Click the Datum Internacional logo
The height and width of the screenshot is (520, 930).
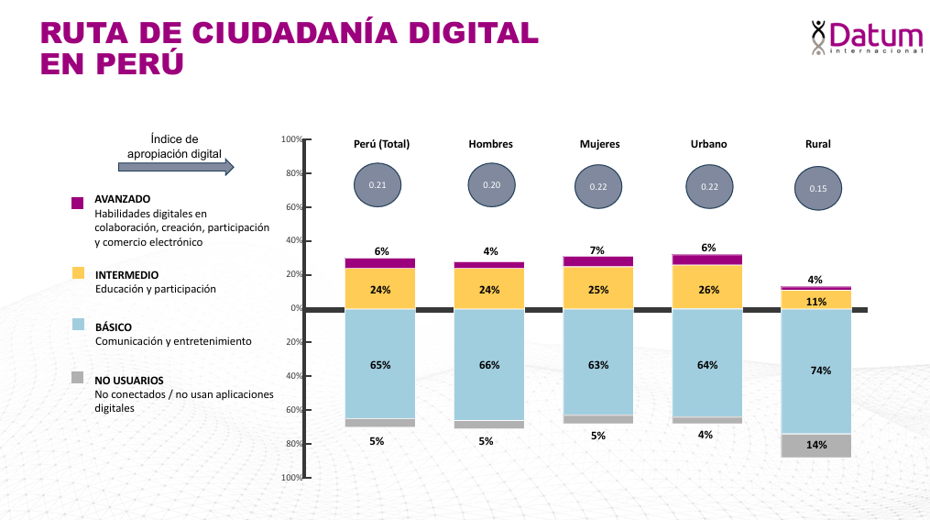866,38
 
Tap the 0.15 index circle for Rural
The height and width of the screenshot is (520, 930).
817,188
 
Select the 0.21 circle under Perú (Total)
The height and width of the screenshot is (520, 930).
377,185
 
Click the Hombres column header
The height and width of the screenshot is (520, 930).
490,144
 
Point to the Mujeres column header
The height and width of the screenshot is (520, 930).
599,144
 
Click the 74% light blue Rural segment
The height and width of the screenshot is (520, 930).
816,371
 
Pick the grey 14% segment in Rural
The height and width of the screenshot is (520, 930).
816,446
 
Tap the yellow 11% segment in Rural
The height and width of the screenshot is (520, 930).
816,300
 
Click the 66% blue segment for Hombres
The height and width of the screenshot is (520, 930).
489,365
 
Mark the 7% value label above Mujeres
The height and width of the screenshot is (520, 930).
598,250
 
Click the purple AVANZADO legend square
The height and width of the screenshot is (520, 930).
78,203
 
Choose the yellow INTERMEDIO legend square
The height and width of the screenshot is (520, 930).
78,273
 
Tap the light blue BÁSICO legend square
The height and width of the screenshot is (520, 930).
78,326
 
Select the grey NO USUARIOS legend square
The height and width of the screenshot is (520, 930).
78,378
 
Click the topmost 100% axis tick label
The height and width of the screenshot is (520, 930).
292,139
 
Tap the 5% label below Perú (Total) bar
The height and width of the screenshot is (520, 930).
377,441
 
